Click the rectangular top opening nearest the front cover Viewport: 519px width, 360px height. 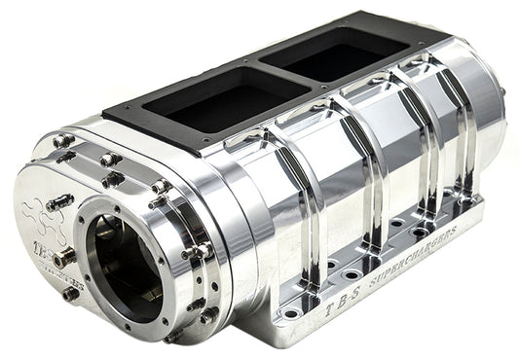coord(200,100)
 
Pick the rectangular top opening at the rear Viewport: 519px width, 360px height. coord(334,51)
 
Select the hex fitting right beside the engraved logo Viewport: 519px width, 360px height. coord(61,201)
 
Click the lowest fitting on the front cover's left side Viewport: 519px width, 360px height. coord(70,293)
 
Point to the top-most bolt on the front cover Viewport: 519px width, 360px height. coord(65,141)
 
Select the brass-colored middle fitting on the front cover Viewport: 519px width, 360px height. coord(64,258)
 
